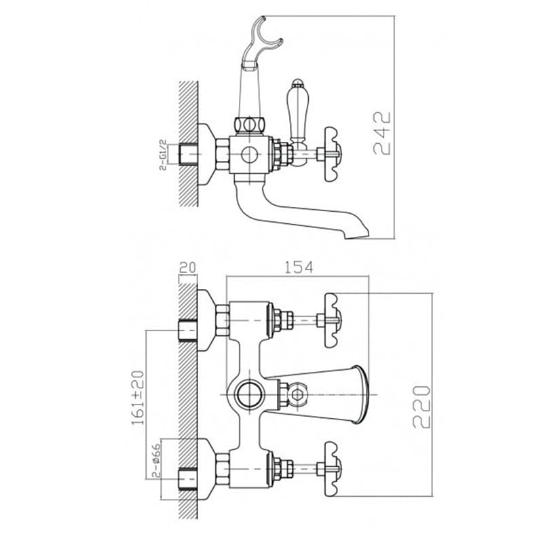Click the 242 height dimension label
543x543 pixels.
382,133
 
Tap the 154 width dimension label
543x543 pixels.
299,267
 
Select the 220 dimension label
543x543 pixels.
422,407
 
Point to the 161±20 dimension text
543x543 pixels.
138,398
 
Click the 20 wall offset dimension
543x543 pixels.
187,267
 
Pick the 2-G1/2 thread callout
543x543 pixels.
163,155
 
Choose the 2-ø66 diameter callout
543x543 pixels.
157,460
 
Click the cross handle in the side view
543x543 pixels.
332,154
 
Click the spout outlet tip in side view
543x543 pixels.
357,235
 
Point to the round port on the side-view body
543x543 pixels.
249,155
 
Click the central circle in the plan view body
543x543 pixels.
249,394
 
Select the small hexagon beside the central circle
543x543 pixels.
297,394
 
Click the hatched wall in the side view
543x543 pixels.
189,144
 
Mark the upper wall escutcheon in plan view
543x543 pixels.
206,320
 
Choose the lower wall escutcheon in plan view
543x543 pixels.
206,469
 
